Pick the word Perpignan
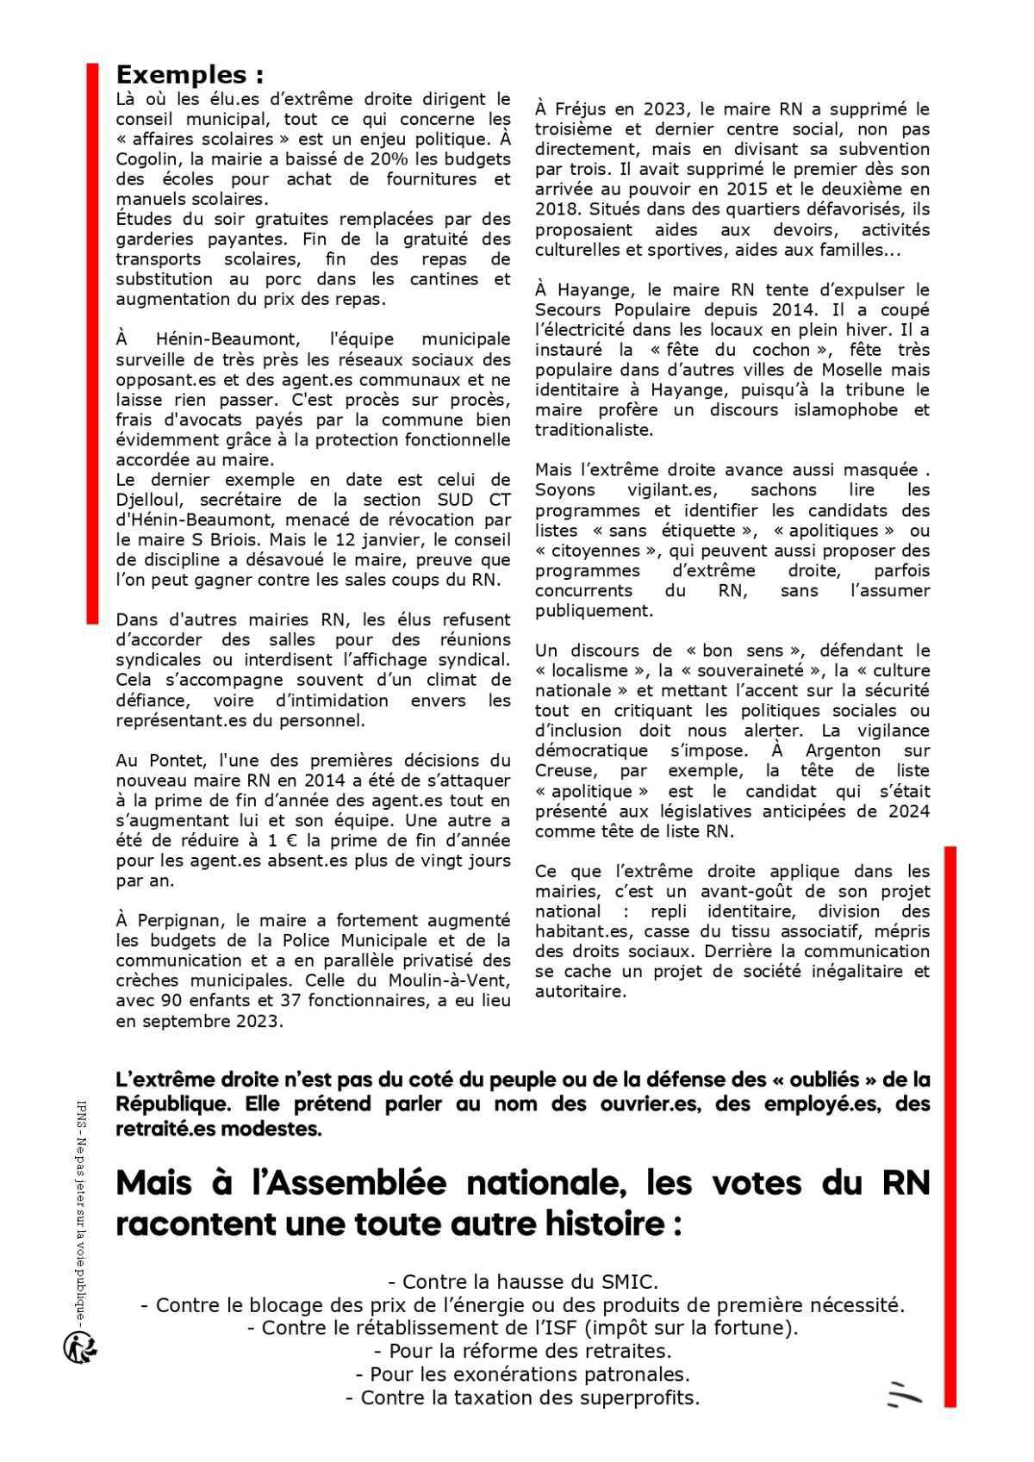[184, 921]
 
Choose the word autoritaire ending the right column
[577, 992]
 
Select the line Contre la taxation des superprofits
[522, 1397]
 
